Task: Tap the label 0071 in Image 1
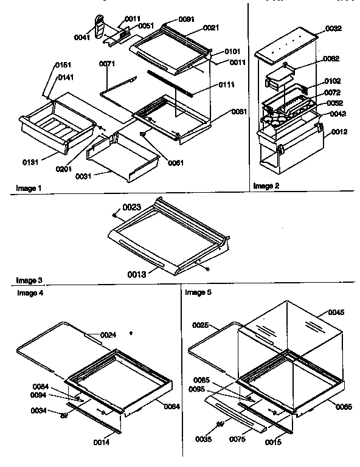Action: click(x=107, y=63)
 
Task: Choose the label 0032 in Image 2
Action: click(x=333, y=28)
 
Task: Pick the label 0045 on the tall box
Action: click(x=336, y=313)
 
